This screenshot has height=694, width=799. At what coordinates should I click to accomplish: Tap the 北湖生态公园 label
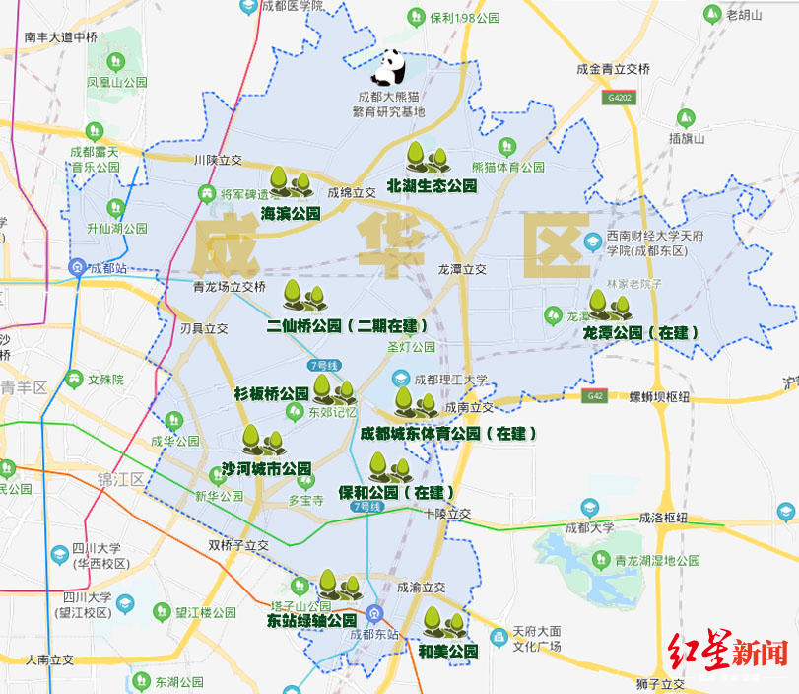tap(432, 185)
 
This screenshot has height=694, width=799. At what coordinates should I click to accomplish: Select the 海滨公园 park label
tap(291, 212)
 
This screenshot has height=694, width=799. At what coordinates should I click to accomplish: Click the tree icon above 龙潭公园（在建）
tap(603, 306)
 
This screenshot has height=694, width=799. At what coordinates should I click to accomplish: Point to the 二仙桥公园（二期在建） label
tap(349, 324)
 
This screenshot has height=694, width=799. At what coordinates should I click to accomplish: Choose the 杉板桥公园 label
tap(271, 393)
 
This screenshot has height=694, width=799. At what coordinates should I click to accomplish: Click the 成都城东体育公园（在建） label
tap(448, 433)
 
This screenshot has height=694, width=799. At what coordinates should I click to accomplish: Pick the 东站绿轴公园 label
tap(311, 621)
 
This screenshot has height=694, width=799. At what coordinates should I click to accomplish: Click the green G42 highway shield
tap(594, 396)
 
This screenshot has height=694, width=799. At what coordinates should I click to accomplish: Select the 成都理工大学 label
tap(450, 380)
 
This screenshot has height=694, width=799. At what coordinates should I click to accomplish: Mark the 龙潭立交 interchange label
tap(463, 268)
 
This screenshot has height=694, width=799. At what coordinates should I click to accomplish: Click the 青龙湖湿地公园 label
tap(656, 560)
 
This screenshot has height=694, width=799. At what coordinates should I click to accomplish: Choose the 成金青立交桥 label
tap(613, 69)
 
